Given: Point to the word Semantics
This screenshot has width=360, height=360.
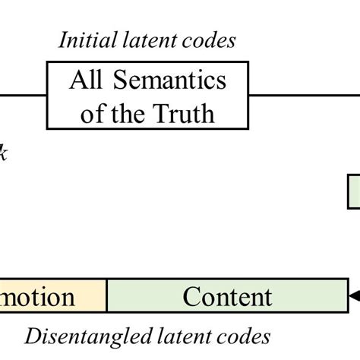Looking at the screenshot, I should (x=169, y=81).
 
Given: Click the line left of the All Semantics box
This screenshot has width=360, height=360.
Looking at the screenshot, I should (x=23, y=96).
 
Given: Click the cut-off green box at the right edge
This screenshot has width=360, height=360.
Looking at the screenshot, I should (x=354, y=191).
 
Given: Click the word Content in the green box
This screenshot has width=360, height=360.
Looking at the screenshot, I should (x=227, y=296).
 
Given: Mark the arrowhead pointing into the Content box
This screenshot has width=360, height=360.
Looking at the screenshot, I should (x=353, y=295).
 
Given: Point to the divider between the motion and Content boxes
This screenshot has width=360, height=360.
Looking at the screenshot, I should (x=107, y=296).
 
